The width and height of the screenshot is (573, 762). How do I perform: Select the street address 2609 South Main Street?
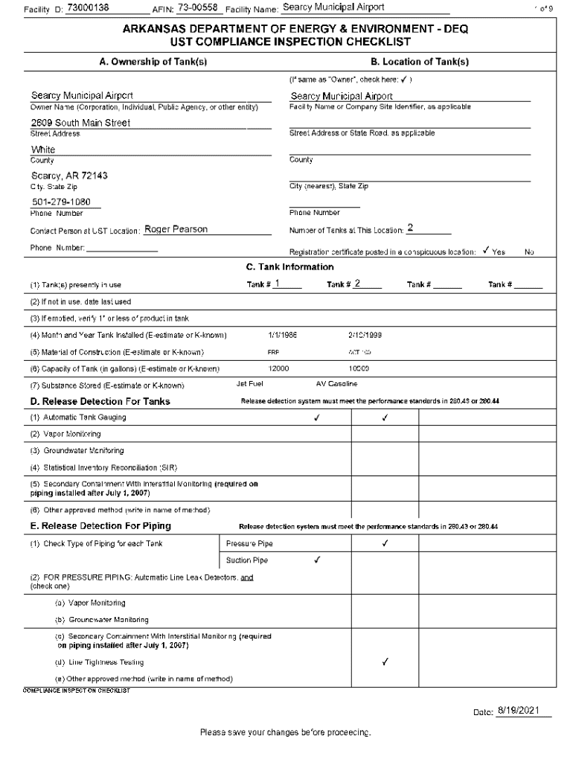click(x=80, y=123)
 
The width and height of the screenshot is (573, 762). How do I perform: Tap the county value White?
click(x=43, y=150)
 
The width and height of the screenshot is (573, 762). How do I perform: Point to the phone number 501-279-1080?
click(x=61, y=202)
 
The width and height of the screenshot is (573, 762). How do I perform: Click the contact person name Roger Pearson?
click(x=176, y=229)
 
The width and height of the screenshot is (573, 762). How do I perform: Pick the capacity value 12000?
click(x=279, y=368)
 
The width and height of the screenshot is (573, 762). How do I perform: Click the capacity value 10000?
click(x=359, y=368)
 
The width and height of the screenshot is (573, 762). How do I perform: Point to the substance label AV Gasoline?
click(x=336, y=384)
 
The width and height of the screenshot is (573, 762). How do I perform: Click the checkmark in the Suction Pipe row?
click(x=318, y=560)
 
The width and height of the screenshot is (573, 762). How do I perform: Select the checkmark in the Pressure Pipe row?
click(x=385, y=543)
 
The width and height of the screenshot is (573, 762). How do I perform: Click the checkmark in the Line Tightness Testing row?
click(x=385, y=662)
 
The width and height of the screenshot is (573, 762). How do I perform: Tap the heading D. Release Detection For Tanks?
click(x=100, y=402)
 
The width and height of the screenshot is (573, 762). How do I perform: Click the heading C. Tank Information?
click(x=289, y=267)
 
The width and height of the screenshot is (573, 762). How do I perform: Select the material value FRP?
click(x=273, y=352)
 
